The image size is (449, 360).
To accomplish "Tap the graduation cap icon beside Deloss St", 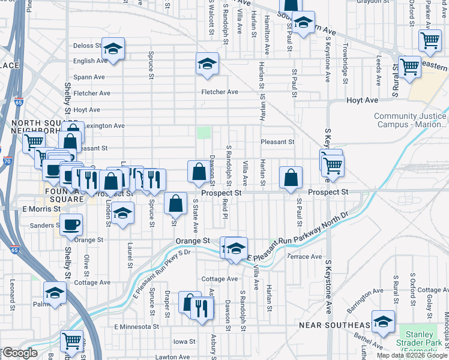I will (112, 49).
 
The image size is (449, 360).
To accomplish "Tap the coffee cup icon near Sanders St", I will (71, 224).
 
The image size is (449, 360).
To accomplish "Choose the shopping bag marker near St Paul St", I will (291, 178).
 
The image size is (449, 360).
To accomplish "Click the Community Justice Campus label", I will (411, 121).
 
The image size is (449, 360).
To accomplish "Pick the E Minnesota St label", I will (136, 328).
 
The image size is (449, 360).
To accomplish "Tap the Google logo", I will (19, 353).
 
